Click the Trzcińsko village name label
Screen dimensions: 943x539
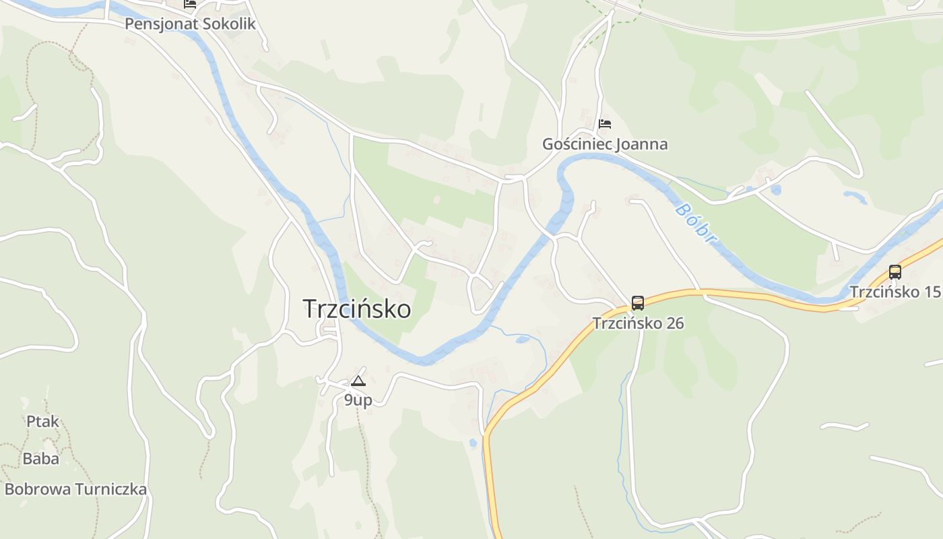point(357,309)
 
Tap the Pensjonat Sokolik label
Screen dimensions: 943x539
point(191,24)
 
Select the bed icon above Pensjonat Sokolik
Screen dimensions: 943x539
point(190,3)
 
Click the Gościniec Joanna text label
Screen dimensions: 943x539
point(605,144)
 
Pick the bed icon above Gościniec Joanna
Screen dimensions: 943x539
point(605,124)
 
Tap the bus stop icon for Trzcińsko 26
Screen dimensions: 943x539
point(637,303)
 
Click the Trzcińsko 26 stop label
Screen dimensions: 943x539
point(638,323)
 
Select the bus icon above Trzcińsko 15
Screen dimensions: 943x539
point(895,272)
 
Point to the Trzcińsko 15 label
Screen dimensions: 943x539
point(895,292)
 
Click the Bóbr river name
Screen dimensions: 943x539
point(694,222)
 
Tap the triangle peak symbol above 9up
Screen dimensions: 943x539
point(358,381)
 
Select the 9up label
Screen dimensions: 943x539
point(358,400)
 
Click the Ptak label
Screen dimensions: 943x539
point(42,422)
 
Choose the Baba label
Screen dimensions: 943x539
point(41,459)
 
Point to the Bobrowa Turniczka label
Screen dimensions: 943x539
point(75,489)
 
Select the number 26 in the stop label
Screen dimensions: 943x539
point(674,323)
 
